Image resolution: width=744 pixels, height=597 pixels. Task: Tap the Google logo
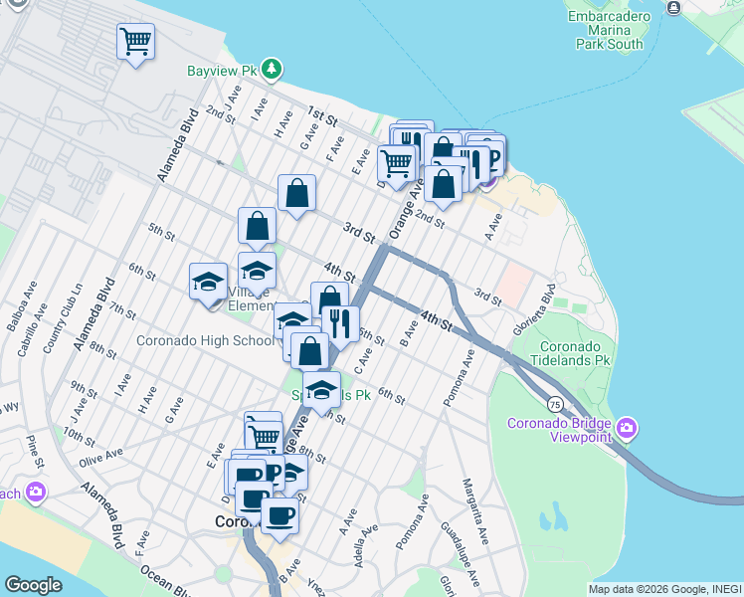(x=33, y=585)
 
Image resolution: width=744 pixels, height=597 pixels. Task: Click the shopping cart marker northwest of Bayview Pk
(x=136, y=42)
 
